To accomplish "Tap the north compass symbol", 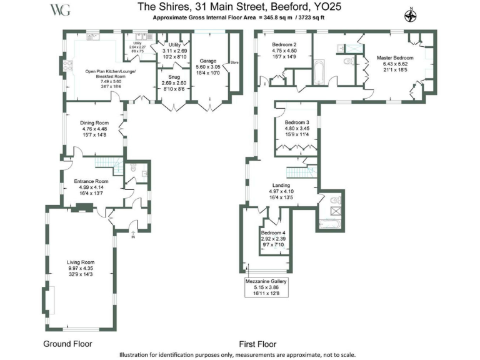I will [x=411, y=16].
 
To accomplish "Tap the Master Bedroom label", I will [x=394, y=57].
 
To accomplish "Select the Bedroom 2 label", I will [x=285, y=45].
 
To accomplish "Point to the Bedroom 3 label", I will [x=297, y=122].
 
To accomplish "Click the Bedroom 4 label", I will [x=273, y=233].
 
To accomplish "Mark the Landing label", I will [x=281, y=186].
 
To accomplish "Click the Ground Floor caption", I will [x=67, y=344].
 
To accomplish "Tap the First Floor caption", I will [x=258, y=344].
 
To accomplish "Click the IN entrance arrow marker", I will [x=132, y=236].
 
